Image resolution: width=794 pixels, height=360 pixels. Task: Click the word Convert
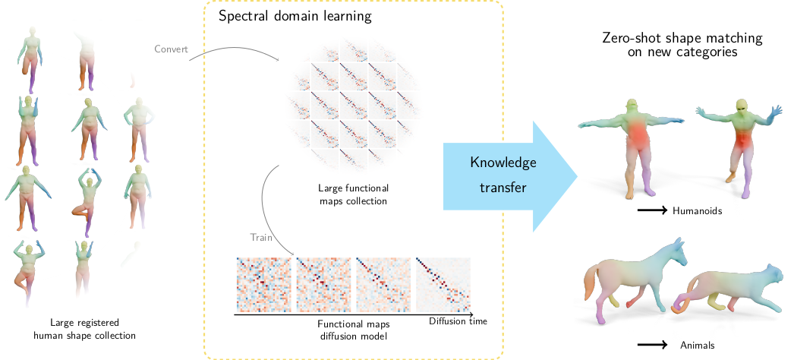pyautogui.click(x=171, y=50)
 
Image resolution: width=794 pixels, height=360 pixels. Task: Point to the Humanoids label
pyautogui.click(x=697, y=210)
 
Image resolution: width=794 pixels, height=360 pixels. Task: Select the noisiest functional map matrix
pyautogui.click(x=263, y=285)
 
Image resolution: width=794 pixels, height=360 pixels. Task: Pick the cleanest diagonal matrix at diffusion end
pyautogui.click(x=444, y=285)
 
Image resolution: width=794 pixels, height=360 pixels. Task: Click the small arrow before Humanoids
pyautogui.click(x=651, y=210)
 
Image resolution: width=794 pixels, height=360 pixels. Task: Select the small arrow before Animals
pyautogui.click(x=652, y=345)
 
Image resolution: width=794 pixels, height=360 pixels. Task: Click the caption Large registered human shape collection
pyautogui.click(x=90, y=328)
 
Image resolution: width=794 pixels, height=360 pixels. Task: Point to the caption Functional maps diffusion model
pyautogui.click(x=353, y=328)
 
